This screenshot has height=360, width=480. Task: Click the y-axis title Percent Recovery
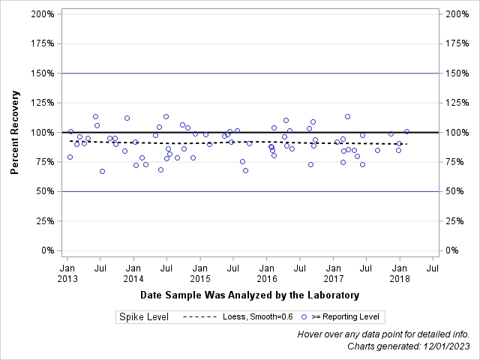click(x=14, y=133)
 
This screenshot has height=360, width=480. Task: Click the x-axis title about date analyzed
click(x=250, y=295)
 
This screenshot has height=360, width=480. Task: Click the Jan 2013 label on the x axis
click(x=67, y=272)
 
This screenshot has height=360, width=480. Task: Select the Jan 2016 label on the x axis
click(x=267, y=272)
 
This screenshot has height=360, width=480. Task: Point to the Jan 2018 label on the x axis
click(x=400, y=272)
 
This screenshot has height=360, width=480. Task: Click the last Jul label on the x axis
click(x=433, y=267)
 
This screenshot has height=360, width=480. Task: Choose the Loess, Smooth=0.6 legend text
click(x=258, y=317)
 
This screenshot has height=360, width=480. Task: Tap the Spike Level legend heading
click(x=143, y=317)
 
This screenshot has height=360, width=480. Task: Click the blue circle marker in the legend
click(x=304, y=317)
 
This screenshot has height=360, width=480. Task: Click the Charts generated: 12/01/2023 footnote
click(x=409, y=346)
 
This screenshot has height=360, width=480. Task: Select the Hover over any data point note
click(x=384, y=334)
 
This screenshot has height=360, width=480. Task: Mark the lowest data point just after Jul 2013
click(x=102, y=171)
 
